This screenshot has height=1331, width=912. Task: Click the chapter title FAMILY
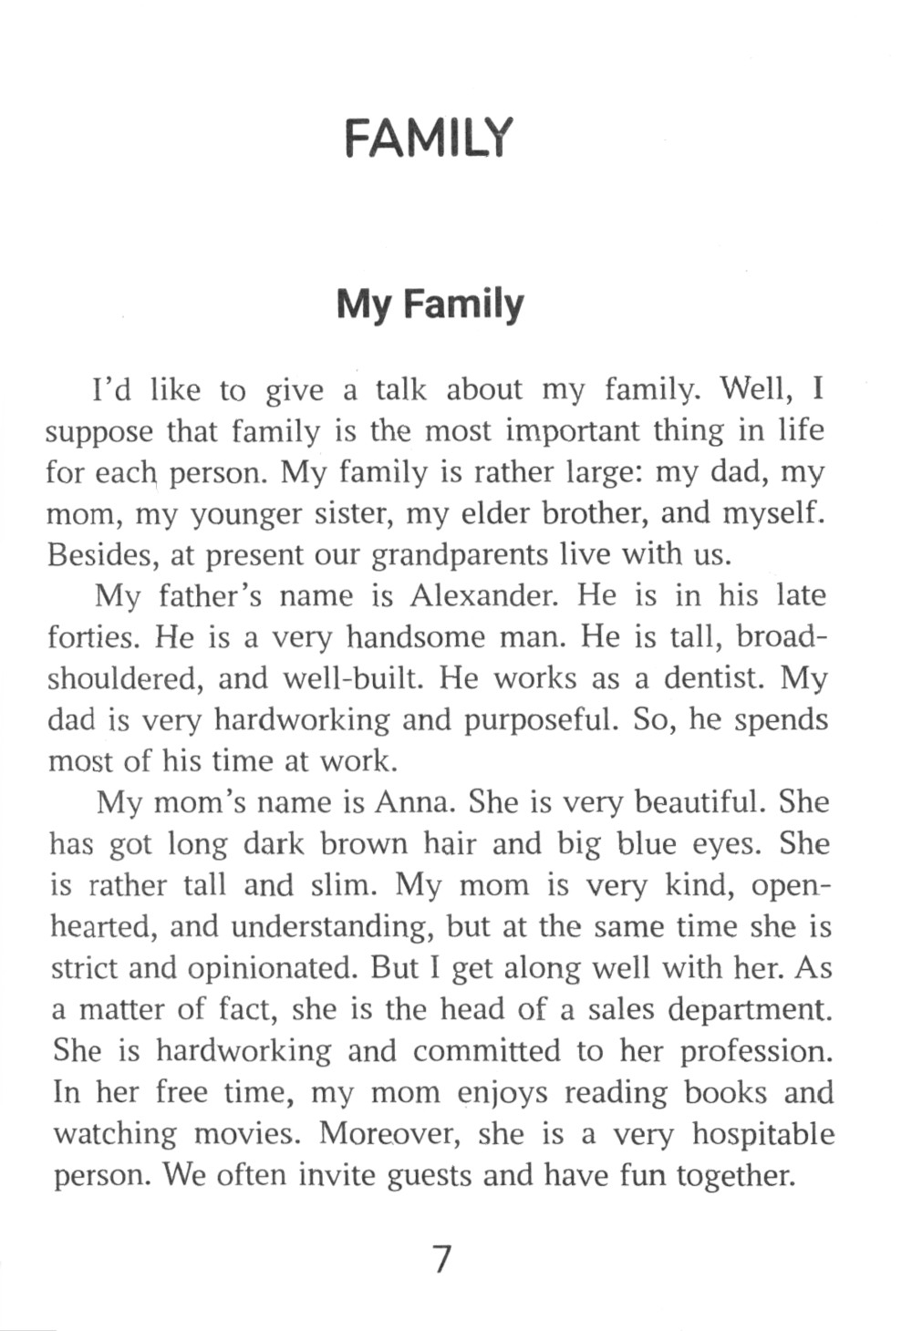(x=430, y=139)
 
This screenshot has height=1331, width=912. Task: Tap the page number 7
(x=441, y=1259)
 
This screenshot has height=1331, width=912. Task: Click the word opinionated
(x=270, y=968)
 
